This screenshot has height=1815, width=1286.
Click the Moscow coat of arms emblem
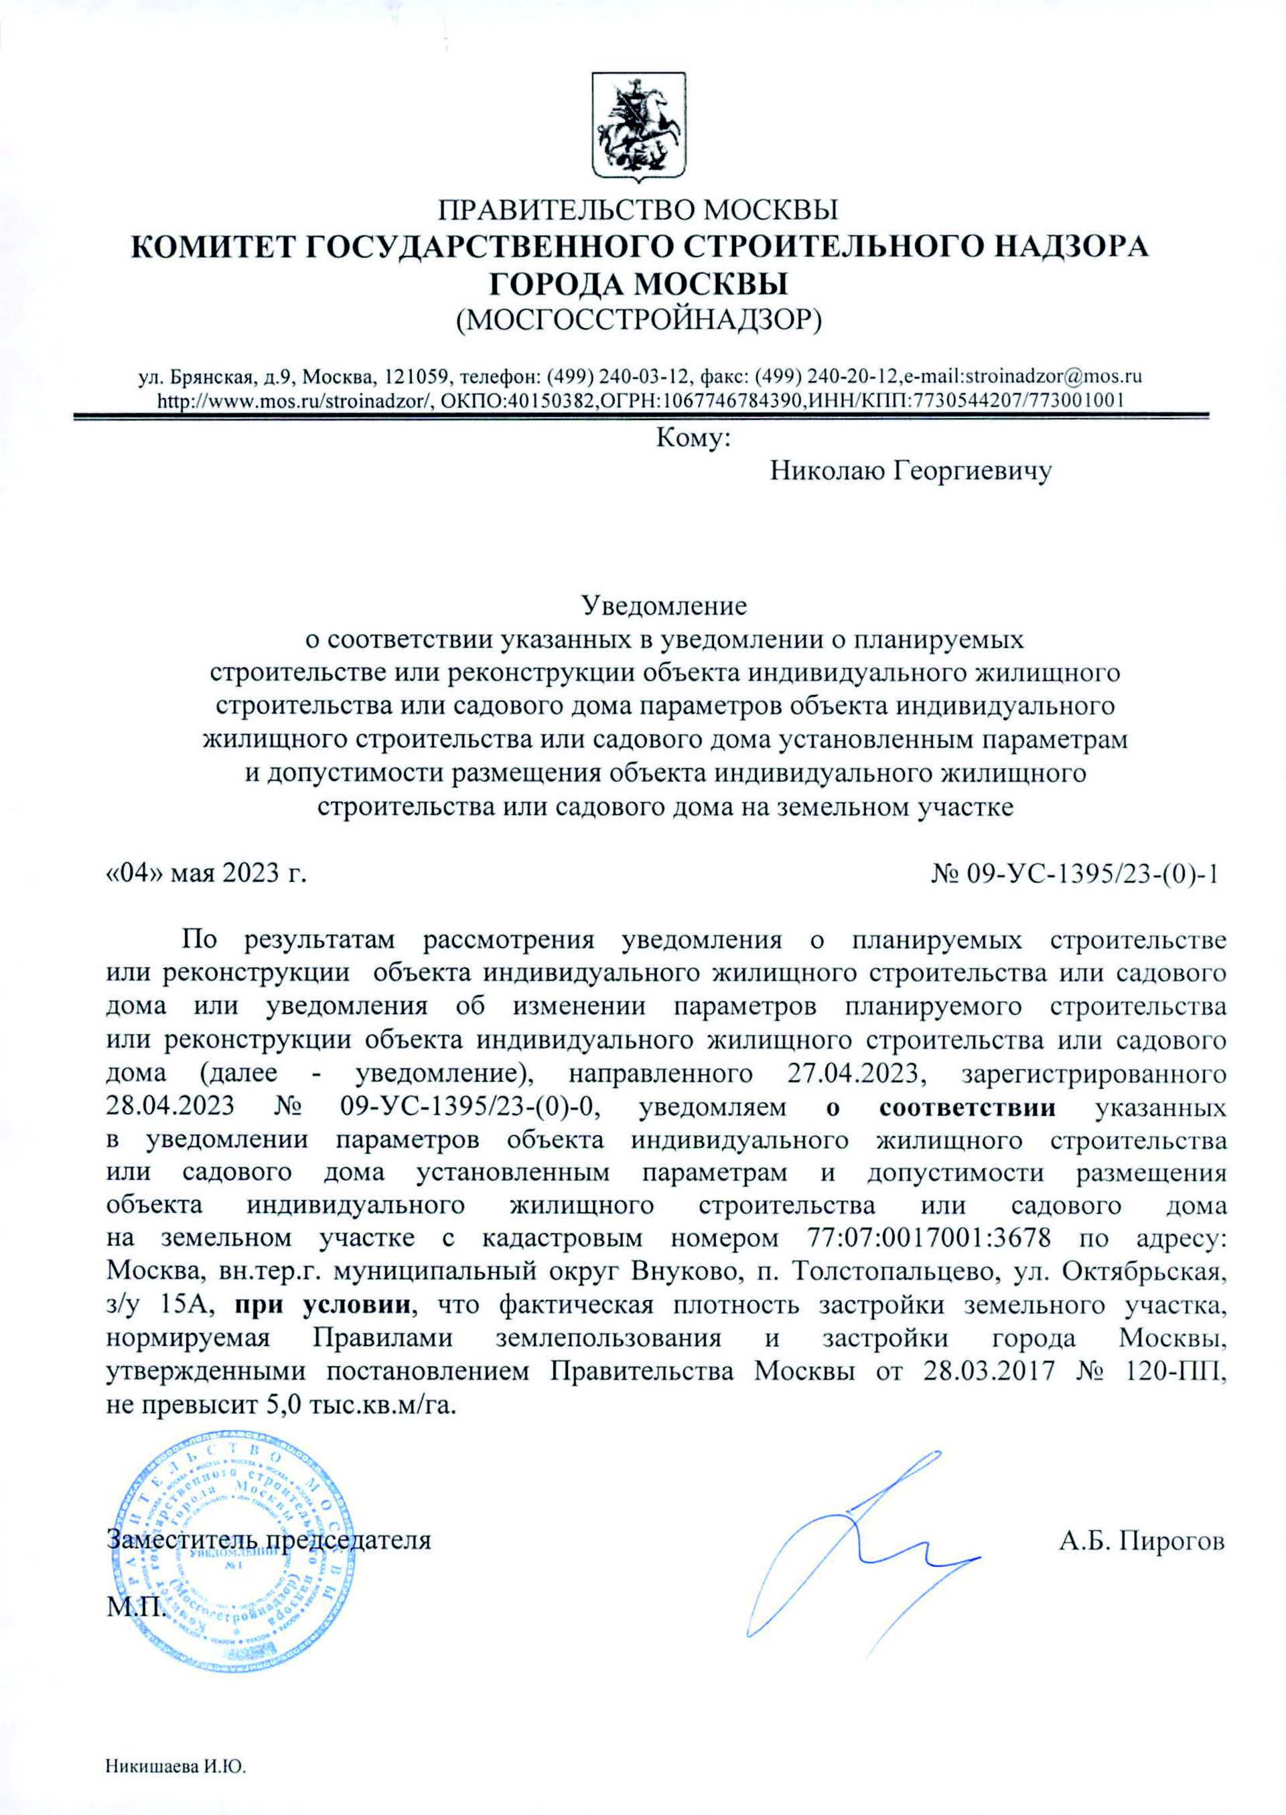[639, 125]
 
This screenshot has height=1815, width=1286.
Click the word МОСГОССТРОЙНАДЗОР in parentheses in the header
[640, 319]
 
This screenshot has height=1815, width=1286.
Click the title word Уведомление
[664, 607]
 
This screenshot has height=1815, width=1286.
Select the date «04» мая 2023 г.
[206, 873]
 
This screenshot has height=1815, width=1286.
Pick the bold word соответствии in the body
[967, 1106]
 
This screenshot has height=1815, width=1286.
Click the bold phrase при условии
[322, 1303]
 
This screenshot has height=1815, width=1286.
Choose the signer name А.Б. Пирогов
[1142, 1541]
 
